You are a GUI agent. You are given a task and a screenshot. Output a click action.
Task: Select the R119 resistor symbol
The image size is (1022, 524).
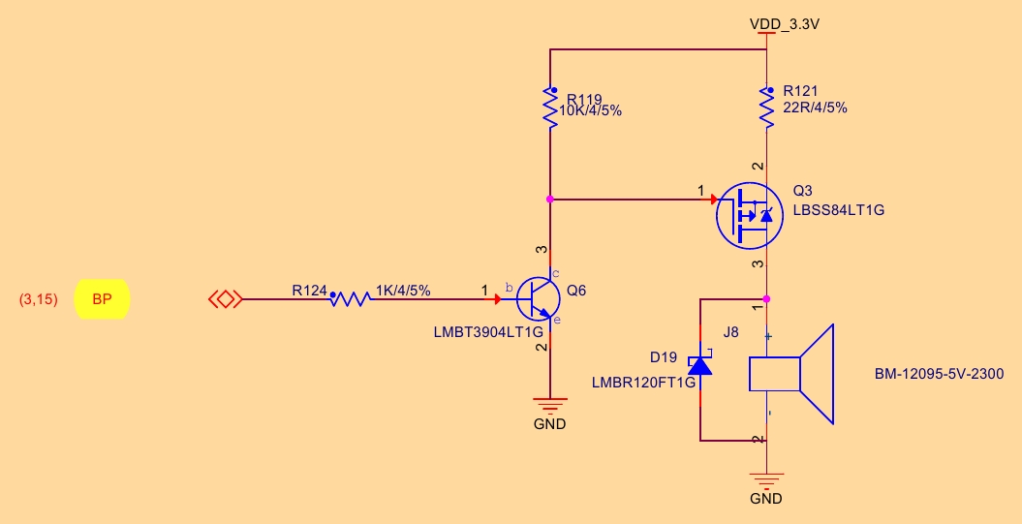pyautogui.click(x=549, y=108)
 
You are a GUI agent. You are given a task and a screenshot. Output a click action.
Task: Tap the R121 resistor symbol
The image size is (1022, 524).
pyautogui.click(x=766, y=108)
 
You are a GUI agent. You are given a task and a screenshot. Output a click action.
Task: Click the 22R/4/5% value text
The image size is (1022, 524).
pyautogui.click(x=815, y=108)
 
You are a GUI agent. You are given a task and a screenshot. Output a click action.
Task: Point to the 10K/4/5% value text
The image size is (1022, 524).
pyautogui.click(x=592, y=111)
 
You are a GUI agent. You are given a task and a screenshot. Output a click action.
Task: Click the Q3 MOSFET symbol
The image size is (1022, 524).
pyautogui.click(x=750, y=214)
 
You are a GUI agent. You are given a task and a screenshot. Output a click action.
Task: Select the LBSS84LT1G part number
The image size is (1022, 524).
pyautogui.click(x=839, y=210)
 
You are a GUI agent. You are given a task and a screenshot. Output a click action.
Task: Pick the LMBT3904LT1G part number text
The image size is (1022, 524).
pyautogui.click(x=488, y=331)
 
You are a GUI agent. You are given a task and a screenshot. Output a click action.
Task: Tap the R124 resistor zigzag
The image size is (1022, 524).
pyautogui.click(x=350, y=299)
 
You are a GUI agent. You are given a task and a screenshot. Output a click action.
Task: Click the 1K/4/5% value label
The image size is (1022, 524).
pyautogui.click(x=403, y=290)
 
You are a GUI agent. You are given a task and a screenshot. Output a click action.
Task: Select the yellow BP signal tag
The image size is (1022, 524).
pyautogui.click(x=102, y=300)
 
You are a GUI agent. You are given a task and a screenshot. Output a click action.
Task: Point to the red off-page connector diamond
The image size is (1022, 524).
pyautogui.click(x=225, y=300)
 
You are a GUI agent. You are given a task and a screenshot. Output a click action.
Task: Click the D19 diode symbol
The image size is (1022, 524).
pyautogui.click(x=699, y=365)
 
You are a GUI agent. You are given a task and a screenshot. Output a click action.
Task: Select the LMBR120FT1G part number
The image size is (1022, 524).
pyautogui.click(x=643, y=383)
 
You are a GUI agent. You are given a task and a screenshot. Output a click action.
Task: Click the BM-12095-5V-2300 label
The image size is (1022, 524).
pyautogui.click(x=939, y=374)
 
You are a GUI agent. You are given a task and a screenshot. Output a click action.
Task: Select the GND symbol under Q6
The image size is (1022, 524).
pyautogui.click(x=549, y=407)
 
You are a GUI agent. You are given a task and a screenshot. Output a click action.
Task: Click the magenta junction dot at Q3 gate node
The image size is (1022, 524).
pyautogui.click(x=549, y=199)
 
